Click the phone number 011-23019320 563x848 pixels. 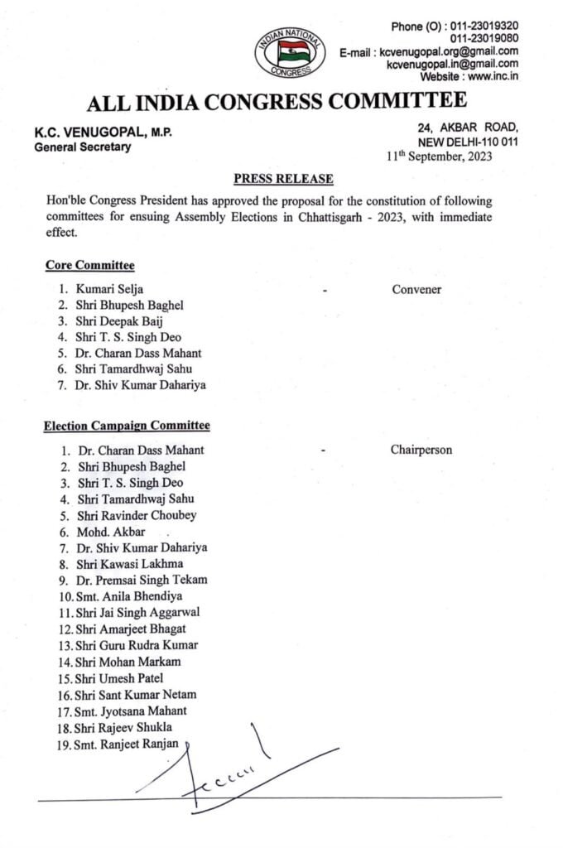pos(484,26)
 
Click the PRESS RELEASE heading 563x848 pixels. pos(283,179)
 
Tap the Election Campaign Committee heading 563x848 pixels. pos(127,426)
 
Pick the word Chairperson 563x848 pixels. pos(421,450)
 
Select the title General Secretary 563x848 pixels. pos(82,147)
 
